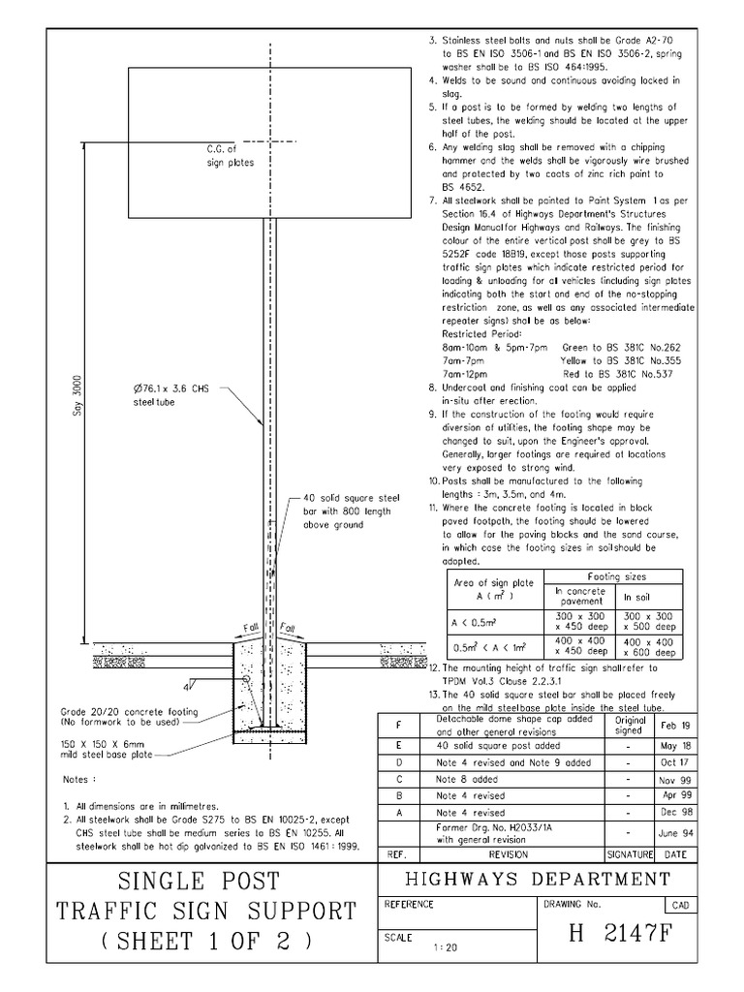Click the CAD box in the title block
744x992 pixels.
pos(678,905)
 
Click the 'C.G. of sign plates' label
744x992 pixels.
pos(230,156)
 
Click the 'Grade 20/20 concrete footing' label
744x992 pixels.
pos(129,717)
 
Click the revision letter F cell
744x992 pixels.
pos(398,726)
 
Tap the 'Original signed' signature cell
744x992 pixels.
pos(631,726)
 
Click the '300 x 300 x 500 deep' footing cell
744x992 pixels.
pos(649,621)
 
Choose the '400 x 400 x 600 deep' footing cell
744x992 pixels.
pos(649,646)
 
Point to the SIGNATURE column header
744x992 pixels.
pos(632,855)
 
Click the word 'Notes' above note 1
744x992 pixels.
pos(79,780)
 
